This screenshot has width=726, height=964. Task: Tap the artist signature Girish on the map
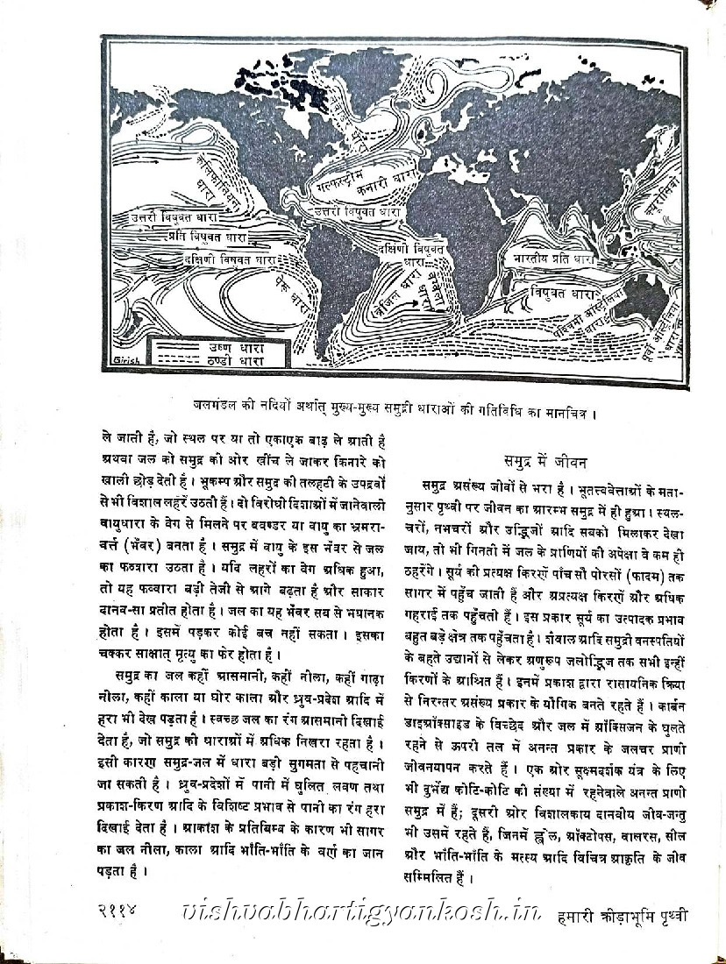pyautogui.click(x=126, y=362)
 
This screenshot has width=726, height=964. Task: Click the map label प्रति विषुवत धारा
pyautogui.click(x=211, y=237)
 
